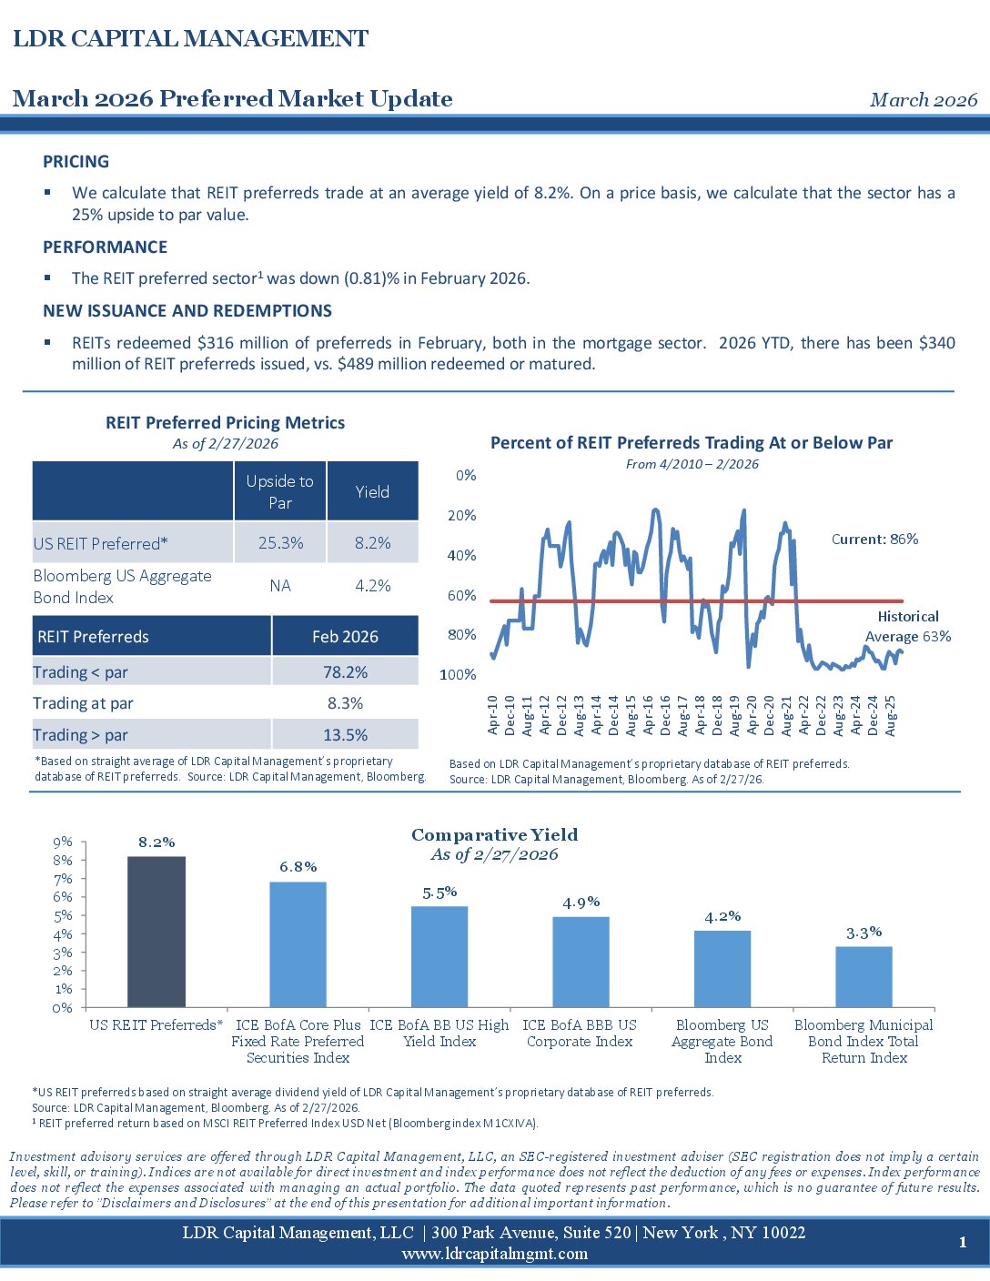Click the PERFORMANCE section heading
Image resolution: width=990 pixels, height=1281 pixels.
coord(105,247)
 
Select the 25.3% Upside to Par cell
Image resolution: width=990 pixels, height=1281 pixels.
coord(280,543)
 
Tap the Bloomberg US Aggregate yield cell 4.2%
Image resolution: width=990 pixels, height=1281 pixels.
coord(372,586)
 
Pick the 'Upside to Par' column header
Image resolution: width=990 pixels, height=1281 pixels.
coord(280,491)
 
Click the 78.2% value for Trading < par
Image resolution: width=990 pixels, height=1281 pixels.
coord(345,672)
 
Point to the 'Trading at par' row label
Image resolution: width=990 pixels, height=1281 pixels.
coord(83,703)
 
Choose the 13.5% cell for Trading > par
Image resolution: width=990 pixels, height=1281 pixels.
coord(345,735)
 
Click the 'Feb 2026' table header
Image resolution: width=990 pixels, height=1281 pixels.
coord(345,637)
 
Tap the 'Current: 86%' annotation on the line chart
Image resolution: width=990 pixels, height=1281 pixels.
coord(874,540)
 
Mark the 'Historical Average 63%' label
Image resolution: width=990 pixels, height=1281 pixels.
coord(907,627)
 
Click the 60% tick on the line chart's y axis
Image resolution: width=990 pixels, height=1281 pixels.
coord(462,596)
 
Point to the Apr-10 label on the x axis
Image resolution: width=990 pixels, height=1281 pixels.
coord(493,715)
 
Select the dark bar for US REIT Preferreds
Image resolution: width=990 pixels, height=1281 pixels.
coord(157,932)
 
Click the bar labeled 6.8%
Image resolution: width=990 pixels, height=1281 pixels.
coord(298,944)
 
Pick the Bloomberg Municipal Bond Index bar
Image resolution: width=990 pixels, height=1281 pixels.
coord(864,976)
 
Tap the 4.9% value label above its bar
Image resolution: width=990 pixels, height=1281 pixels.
coord(581,903)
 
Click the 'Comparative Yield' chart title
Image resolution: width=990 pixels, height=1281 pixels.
coord(494,835)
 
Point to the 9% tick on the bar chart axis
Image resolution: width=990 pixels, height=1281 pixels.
coord(63,842)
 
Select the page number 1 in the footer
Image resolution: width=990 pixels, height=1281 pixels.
coord(963,1243)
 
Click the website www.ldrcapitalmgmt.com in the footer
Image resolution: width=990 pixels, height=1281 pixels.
coord(494,1254)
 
